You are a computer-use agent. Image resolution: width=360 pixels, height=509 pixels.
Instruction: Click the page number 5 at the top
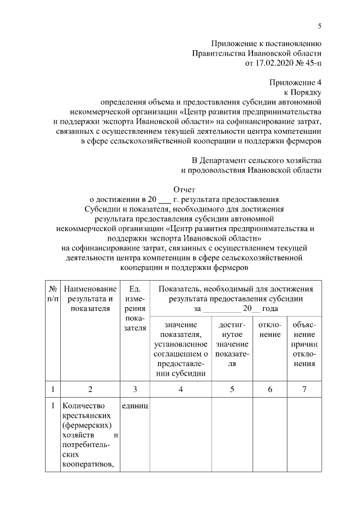coord(319,25)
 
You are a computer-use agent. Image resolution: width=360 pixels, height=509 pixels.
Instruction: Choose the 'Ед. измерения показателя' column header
coord(134,308)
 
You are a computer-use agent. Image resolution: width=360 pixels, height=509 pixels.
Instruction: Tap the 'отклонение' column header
coord(269,330)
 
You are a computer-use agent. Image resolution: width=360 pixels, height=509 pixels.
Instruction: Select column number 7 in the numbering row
coord(304,389)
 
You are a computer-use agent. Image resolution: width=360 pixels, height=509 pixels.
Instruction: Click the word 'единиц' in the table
coord(134,406)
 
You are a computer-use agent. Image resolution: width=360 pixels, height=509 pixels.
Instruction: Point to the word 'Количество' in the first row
coord(83,406)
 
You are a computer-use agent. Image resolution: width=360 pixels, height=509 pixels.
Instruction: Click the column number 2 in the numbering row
coord(90,389)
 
